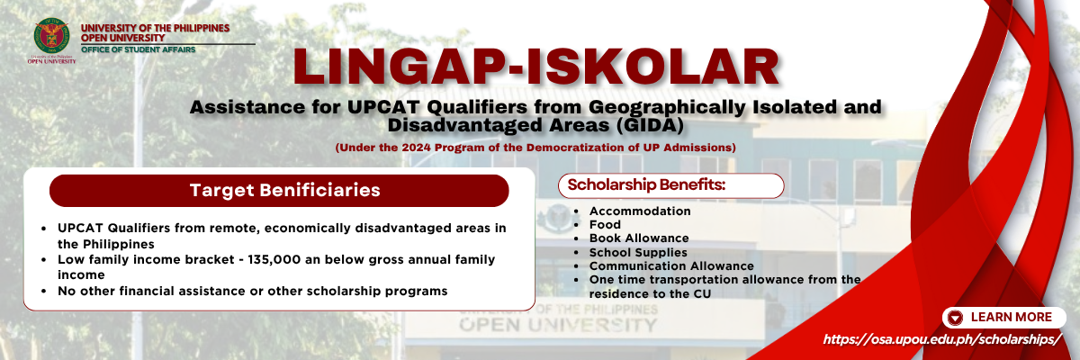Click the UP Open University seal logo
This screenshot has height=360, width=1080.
pyautogui.click(x=51, y=36)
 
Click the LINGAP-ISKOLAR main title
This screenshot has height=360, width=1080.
pyautogui.click(x=536, y=67)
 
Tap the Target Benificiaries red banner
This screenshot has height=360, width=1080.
pyautogui.click(x=279, y=191)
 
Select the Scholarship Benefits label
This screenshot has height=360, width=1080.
pyautogui.click(x=646, y=184)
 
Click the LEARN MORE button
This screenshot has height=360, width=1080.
pyautogui.click(x=1003, y=317)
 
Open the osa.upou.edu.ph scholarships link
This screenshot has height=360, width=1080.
pyautogui.click(x=942, y=339)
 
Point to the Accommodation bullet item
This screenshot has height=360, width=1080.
pyautogui.click(x=640, y=211)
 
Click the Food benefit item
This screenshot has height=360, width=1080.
pyautogui.click(x=605, y=225)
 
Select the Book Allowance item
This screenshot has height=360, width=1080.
pyautogui.click(x=639, y=238)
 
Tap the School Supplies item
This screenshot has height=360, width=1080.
pyautogui.click(x=638, y=252)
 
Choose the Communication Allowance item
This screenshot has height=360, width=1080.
pyautogui.click(x=671, y=265)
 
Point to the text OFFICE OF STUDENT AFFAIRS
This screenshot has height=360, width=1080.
pyautogui.click(x=139, y=49)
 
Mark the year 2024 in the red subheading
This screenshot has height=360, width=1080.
pyautogui.click(x=416, y=148)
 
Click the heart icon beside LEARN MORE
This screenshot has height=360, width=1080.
pyautogui.click(x=955, y=318)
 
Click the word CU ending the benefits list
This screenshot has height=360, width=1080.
pyautogui.click(x=702, y=294)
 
